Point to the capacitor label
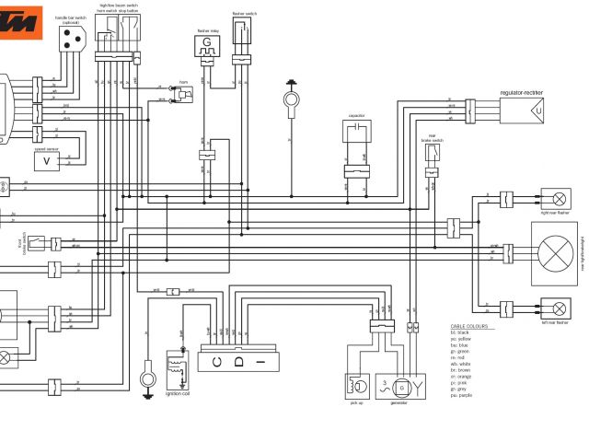(358, 116)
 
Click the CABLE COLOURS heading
(471, 327)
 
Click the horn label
(183, 79)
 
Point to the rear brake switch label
(432, 139)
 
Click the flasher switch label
(244, 14)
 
